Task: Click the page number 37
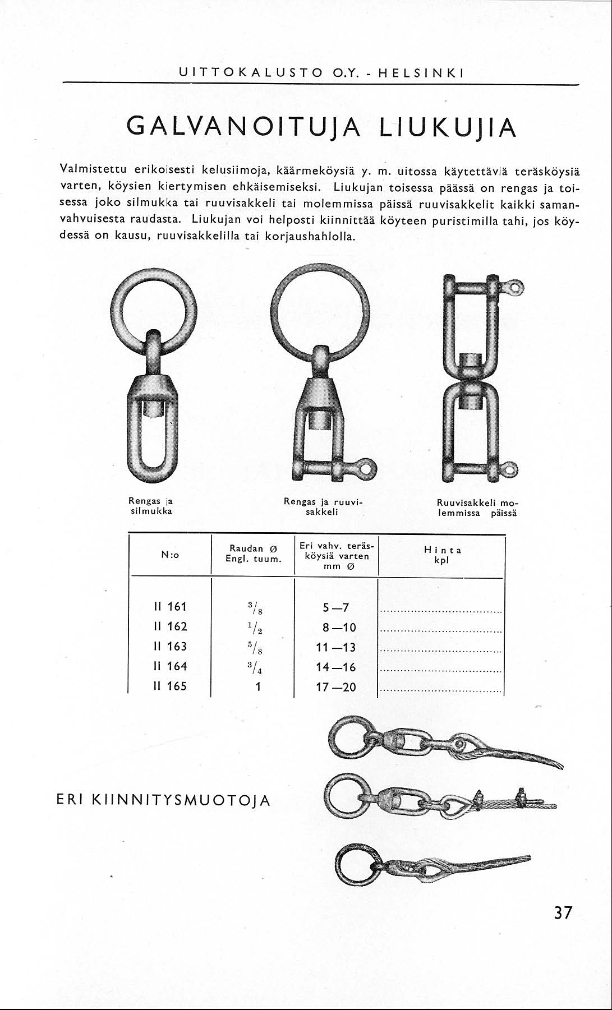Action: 563,913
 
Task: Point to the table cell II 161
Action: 170,607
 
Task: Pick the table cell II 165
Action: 170,686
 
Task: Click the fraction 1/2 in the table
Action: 258,628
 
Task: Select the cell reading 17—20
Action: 336,687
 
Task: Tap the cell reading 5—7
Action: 336,607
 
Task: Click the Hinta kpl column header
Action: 442,555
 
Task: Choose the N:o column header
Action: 170,555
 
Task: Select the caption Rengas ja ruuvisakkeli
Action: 324,507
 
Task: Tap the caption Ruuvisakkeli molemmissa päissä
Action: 477,507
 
